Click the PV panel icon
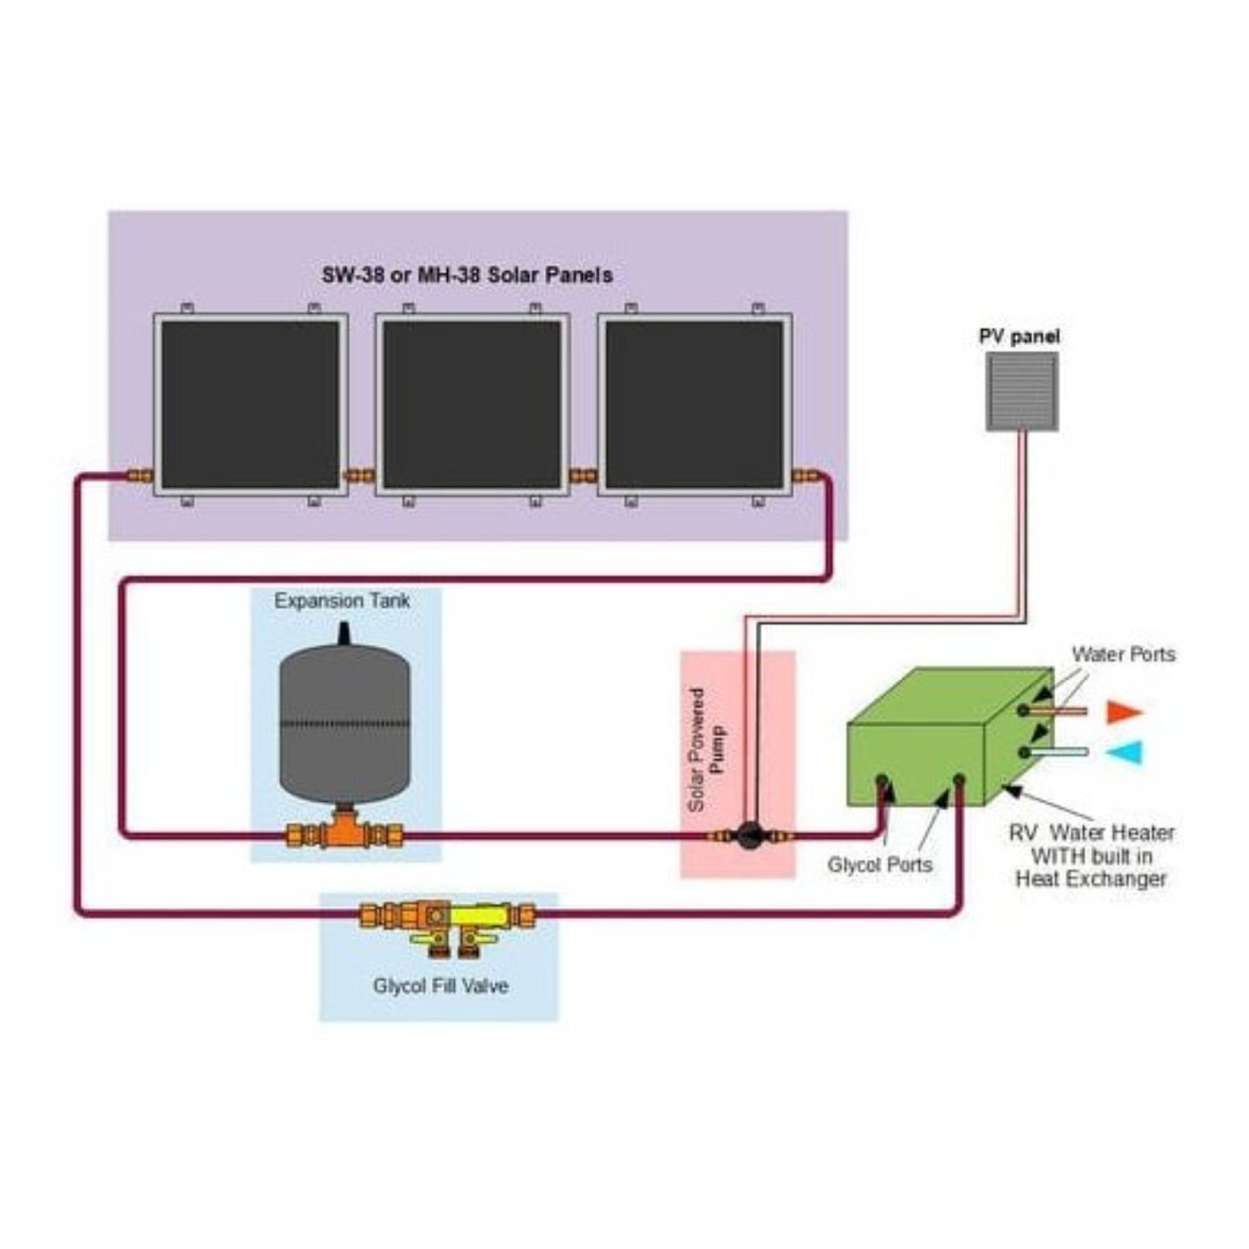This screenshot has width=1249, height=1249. pos(1022,392)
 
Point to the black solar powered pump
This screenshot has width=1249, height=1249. pos(749,835)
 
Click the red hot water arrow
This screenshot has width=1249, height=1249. pos(1123,712)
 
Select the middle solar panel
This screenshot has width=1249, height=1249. pos(472,404)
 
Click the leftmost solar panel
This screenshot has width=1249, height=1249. pos(250,404)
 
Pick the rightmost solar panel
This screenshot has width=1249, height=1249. pos(694,404)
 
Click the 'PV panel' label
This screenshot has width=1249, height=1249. pos(1019,336)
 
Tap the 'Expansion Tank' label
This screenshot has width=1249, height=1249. pos(342,600)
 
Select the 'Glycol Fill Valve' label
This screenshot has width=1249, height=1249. pos(440,986)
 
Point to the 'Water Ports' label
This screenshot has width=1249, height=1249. pos(1122,654)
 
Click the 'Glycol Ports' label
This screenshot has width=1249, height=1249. pos(879,864)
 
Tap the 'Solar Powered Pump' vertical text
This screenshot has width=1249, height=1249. pos(707,749)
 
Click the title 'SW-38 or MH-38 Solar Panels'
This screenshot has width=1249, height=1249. pos(467,275)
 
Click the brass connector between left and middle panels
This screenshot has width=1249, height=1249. pos(360,476)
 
